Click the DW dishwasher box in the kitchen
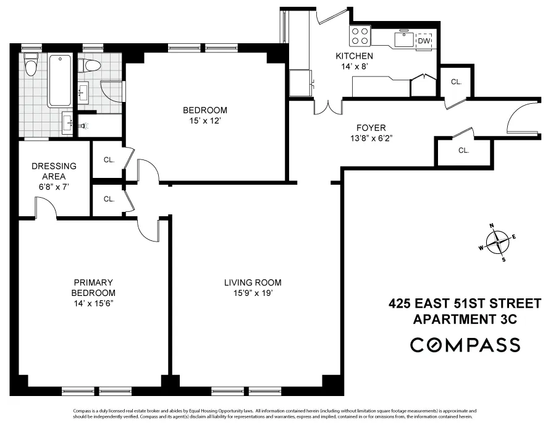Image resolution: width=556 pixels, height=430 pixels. [x=424, y=41]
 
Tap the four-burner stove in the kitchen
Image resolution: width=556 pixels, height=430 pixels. [x=360, y=35]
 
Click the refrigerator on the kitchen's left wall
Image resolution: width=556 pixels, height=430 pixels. [x=301, y=82]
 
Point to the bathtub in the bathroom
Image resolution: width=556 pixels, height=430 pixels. [x=60, y=80]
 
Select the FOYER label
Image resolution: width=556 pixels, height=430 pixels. [x=371, y=128]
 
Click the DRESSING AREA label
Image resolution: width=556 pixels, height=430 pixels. [x=54, y=171]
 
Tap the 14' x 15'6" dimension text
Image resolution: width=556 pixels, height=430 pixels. [x=93, y=303]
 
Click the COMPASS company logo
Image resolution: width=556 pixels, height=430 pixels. [x=465, y=345]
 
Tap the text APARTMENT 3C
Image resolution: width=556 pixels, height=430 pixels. [x=464, y=319]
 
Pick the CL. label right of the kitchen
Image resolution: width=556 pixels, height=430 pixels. [x=456, y=82]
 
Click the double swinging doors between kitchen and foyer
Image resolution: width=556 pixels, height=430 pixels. [x=327, y=106]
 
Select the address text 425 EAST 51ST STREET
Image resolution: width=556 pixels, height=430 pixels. [x=465, y=303]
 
